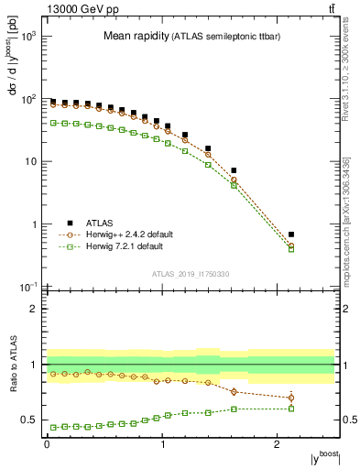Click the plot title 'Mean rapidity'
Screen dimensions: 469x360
[x=136, y=37]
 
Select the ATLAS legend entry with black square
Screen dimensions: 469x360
[x=71, y=222]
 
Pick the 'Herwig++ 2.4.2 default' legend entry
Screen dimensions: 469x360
[x=71, y=234]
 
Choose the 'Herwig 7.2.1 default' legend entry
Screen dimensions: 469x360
[x=71, y=246]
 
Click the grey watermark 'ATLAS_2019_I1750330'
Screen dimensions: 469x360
[x=190, y=274]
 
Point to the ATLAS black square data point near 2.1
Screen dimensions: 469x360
[x=291, y=234]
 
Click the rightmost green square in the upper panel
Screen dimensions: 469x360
[x=291, y=249]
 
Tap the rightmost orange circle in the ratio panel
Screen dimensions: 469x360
[x=291, y=398]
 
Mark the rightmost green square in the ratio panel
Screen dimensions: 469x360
[x=291, y=409]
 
